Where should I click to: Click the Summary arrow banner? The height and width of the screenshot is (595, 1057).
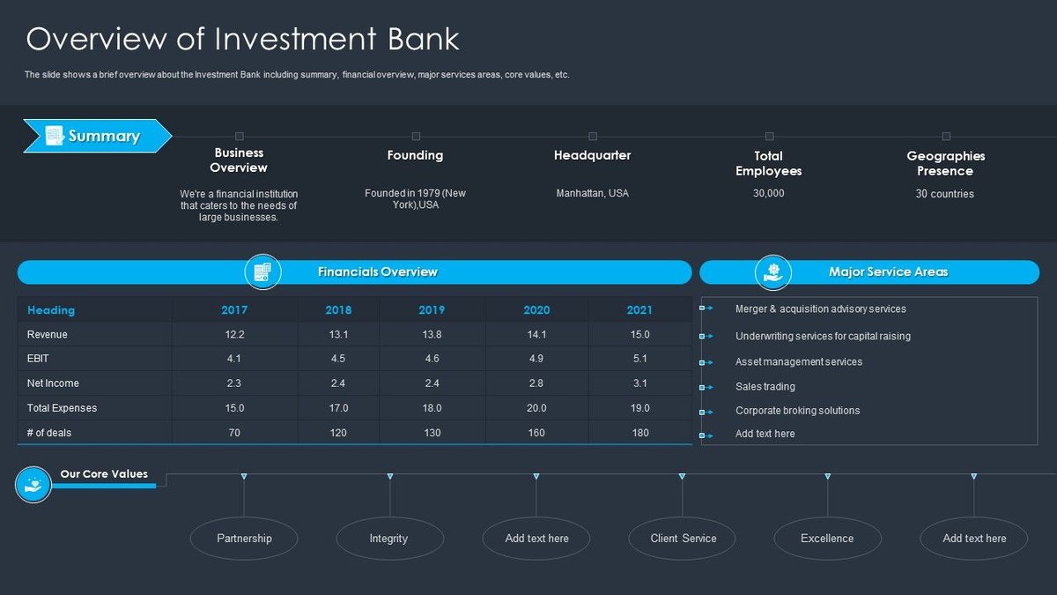pos(97,136)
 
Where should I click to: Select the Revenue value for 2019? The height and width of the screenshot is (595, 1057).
pos(432,335)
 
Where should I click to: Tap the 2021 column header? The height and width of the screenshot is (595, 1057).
pos(639,310)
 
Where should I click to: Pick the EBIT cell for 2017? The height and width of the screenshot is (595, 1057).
pos(234,359)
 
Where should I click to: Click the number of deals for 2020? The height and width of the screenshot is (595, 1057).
pos(536,433)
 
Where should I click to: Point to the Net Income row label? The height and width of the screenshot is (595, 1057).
pos(53,383)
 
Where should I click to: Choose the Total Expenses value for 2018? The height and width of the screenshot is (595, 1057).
pos(338,408)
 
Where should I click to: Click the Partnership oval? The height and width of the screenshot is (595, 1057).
pos(244,539)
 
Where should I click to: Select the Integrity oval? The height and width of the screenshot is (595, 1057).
pos(389,539)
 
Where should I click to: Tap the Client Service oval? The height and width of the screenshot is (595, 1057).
pos(683,539)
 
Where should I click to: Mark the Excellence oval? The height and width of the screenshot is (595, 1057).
pos(827,539)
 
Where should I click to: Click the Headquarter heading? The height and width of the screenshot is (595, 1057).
pos(592,156)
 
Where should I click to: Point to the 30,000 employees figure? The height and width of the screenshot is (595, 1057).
pos(768,193)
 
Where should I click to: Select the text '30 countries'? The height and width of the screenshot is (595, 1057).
pos(944,194)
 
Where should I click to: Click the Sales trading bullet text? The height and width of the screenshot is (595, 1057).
pos(765,387)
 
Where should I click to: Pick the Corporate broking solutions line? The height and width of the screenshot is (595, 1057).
pos(797,411)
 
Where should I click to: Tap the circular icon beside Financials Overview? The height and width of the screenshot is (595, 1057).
pos(262,272)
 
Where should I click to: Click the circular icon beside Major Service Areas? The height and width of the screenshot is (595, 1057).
pos(773,272)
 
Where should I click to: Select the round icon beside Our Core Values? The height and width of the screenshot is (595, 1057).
pos(33,484)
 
